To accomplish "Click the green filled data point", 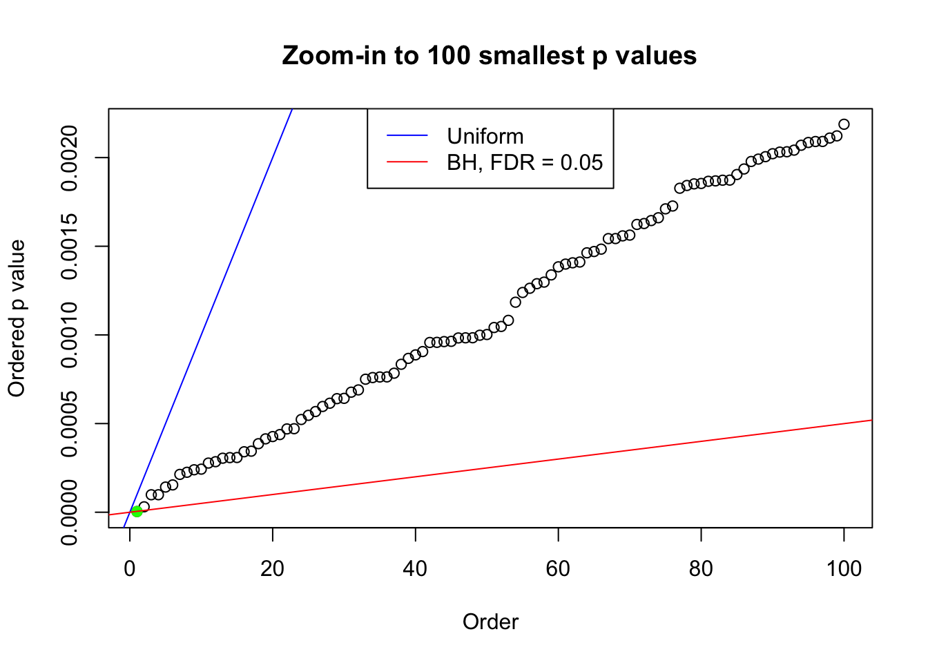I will point(137,511).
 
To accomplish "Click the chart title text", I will point(489,55).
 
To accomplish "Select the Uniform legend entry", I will point(485,136).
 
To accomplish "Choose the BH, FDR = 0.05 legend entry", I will point(525,162).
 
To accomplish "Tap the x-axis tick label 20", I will point(273,568).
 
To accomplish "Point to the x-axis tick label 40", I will point(415,568).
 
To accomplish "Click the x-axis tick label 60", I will point(558,568).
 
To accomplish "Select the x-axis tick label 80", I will point(701,568).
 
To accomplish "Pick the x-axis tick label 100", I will point(844,568).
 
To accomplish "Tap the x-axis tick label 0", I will point(130,568).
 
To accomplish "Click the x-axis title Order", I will point(490,622).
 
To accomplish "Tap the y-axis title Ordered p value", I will point(17,318).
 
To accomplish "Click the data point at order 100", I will point(844,124).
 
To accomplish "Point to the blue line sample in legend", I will point(407,136).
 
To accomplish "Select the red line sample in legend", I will point(407,162).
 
